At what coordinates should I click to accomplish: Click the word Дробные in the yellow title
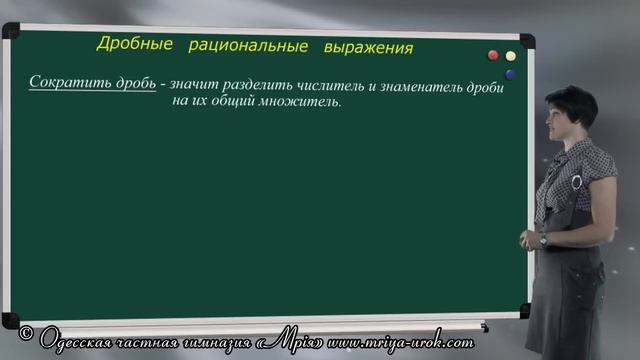click(134, 44)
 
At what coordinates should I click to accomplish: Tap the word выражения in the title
click(367, 48)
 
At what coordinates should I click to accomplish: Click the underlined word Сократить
click(61, 82)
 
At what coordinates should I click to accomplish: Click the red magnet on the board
click(492, 56)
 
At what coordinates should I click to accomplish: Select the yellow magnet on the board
click(511, 57)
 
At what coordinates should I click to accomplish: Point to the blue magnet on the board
click(511, 74)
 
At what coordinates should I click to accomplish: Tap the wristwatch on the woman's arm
click(543, 239)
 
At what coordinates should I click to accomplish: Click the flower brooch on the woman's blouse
click(577, 182)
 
